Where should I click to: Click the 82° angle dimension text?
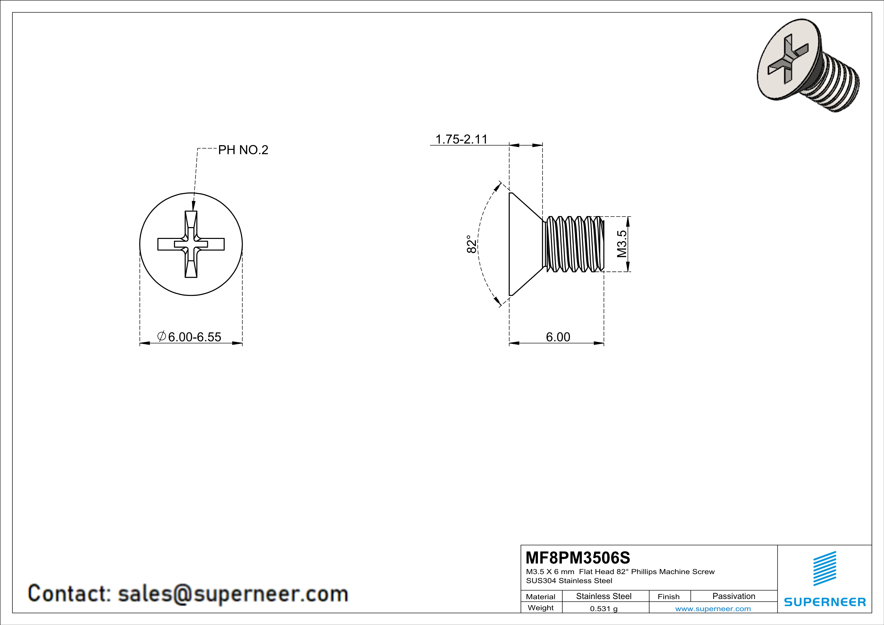tap(471, 244)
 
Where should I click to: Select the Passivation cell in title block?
tap(734, 596)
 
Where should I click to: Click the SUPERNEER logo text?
tap(825, 602)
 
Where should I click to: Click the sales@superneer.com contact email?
tap(233, 593)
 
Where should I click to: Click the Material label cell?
tap(541, 597)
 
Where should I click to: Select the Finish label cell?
tap(668, 597)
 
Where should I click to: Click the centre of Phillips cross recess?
tap(191, 244)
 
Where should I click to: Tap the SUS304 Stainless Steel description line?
tap(569, 581)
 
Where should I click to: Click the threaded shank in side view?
tap(574, 244)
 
